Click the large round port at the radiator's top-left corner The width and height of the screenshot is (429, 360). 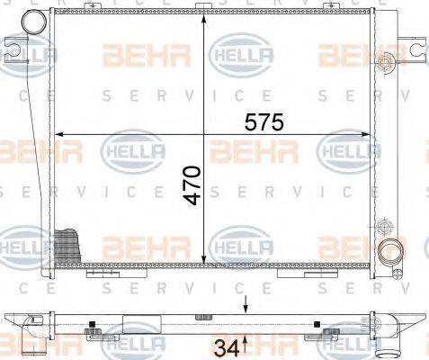35,21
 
